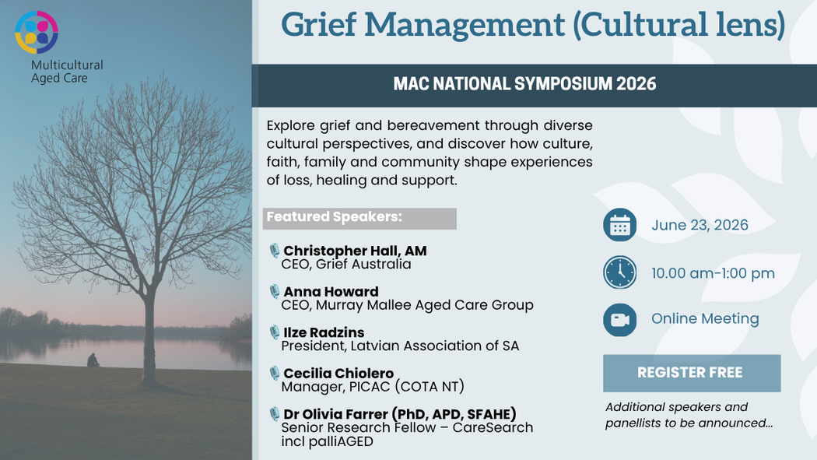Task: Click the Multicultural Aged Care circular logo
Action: click(x=37, y=32)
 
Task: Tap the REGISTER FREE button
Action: click(x=692, y=373)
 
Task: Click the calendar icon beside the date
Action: click(x=619, y=225)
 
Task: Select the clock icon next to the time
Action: click(x=619, y=272)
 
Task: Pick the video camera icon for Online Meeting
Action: click(x=619, y=319)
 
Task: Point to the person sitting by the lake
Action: click(x=93, y=360)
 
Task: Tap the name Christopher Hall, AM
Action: click(x=355, y=251)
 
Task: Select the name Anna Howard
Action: click(x=331, y=291)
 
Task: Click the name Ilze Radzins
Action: click(x=324, y=332)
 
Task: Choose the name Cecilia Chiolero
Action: click(x=338, y=373)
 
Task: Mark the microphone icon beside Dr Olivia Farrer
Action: click(x=274, y=414)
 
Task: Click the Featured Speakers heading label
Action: click(x=335, y=216)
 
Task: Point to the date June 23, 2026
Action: click(x=700, y=225)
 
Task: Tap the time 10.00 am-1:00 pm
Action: click(x=713, y=273)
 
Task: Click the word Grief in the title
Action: click(x=319, y=24)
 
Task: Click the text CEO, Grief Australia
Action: click(x=346, y=264)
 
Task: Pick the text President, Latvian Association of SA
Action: click(x=400, y=346)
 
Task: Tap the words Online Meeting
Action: click(x=705, y=318)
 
